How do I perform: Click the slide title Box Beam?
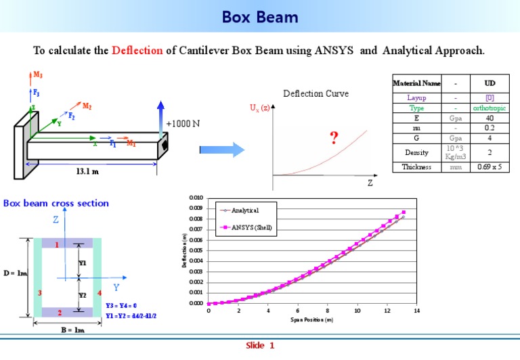coord(260,16)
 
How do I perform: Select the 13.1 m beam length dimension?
coord(86,171)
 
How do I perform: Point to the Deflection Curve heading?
coord(316,94)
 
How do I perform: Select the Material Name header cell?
coord(417,83)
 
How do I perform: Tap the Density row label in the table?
coord(417,152)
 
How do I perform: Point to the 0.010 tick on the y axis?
coord(196,198)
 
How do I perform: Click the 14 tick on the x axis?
coord(416,311)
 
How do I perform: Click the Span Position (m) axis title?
coord(311,319)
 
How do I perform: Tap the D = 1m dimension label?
coord(14,273)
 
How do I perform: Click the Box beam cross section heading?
coord(56,203)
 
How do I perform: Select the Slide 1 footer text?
coord(260,346)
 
